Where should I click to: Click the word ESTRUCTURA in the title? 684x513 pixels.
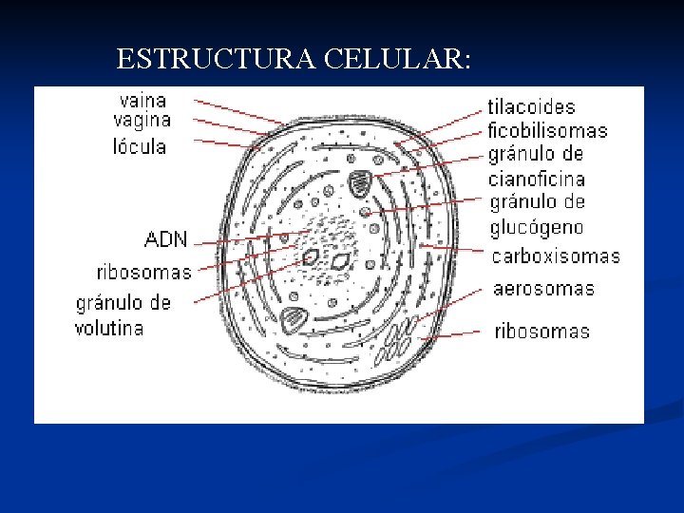click(217, 60)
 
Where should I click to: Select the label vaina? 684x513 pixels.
click(142, 100)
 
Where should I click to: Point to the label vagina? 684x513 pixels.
click(142, 121)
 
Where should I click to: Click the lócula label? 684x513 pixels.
click(140, 147)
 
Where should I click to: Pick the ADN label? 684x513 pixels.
click(166, 238)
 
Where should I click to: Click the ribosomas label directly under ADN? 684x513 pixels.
click(143, 273)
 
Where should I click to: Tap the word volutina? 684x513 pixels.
click(109, 329)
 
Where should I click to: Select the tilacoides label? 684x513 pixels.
click(532, 107)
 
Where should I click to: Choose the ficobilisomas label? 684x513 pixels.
click(547, 131)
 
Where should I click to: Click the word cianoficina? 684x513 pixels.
click(537, 179)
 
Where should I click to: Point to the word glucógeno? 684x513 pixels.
click(537, 228)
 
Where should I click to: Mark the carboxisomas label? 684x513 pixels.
click(556, 256)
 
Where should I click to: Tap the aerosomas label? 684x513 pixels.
click(544, 289)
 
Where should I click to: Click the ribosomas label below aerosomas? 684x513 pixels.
click(541, 332)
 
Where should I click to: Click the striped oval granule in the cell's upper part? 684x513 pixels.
click(361, 183)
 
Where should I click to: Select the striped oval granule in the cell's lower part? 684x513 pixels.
click(294, 319)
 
